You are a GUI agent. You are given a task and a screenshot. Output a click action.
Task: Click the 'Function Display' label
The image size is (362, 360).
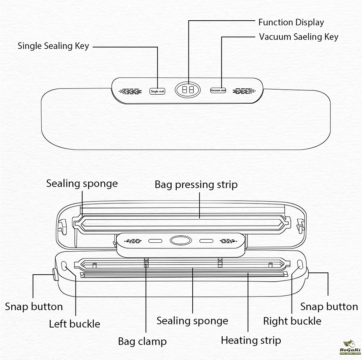pyautogui.click(x=291, y=22)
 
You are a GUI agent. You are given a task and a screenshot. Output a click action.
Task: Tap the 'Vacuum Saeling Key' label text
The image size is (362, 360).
pyautogui.click(x=299, y=37)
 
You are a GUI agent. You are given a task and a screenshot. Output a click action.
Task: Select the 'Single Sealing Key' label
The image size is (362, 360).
pyautogui.click(x=53, y=46)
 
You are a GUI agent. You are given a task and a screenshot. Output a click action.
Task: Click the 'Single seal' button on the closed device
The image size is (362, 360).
pyautogui.click(x=157, y=91)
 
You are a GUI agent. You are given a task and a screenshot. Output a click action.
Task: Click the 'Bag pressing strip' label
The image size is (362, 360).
pyautogui.click(x=196, y=184)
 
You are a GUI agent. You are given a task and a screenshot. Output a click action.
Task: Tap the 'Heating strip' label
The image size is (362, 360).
pyautogui.click(x=251, y=340)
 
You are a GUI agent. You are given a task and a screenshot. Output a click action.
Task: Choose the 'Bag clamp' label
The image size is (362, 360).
pyautogui.click(x=142, y=342)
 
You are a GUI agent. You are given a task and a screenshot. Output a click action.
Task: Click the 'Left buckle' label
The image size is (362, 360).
pyautogui.click(x=74, y=324)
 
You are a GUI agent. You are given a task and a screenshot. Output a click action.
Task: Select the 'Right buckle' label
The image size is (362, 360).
pyautogui.click(x=292, y=321)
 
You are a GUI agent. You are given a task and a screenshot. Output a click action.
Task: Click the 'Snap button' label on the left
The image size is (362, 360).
pyautogui.click(x=34, y=307)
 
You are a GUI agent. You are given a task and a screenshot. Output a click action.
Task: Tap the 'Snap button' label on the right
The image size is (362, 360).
pyautogui.click(x=329, y=307)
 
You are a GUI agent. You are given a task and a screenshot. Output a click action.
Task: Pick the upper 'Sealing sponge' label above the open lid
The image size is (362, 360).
pyautogui.click(x=82, y=183)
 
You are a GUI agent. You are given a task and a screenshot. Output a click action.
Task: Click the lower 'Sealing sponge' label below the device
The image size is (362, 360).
pyautogui.click(x=192, y=321)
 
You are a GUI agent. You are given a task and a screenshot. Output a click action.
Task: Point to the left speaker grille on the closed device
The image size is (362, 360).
pyautogui.click(x=130, y=91)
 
